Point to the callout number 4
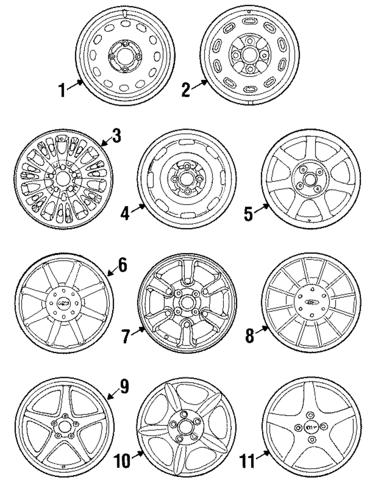[125, 214]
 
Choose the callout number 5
[249, 213]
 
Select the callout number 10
[121, 460]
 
